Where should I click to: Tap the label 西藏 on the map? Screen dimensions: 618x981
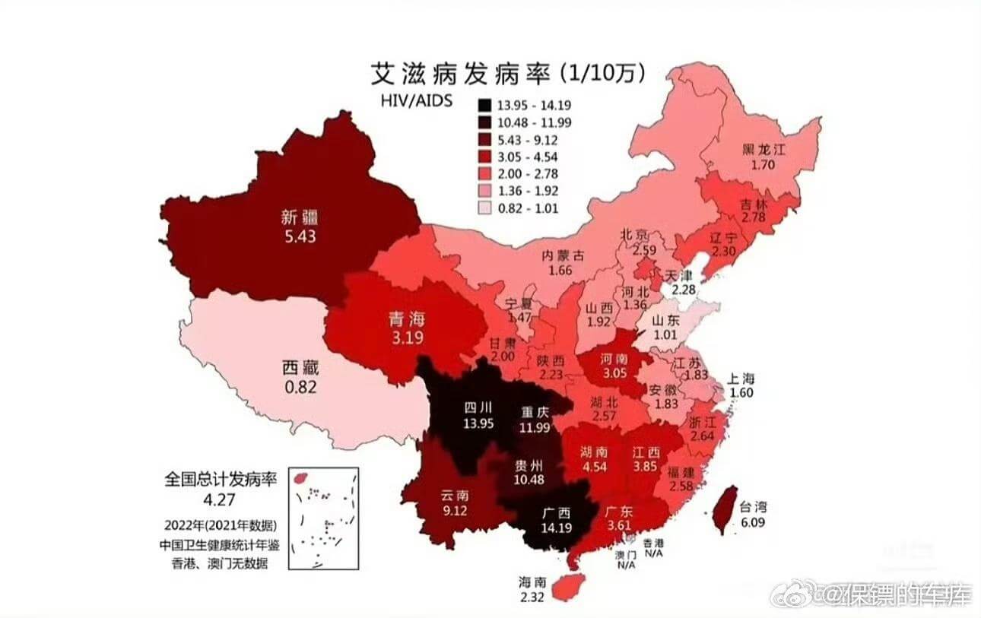[x=299, y=369]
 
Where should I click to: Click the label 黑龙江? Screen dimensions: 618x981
[x=764, y=149]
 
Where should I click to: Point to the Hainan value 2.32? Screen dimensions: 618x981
[x=532, y=598]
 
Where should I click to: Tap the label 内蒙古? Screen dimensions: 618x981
[x=563, y=255]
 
